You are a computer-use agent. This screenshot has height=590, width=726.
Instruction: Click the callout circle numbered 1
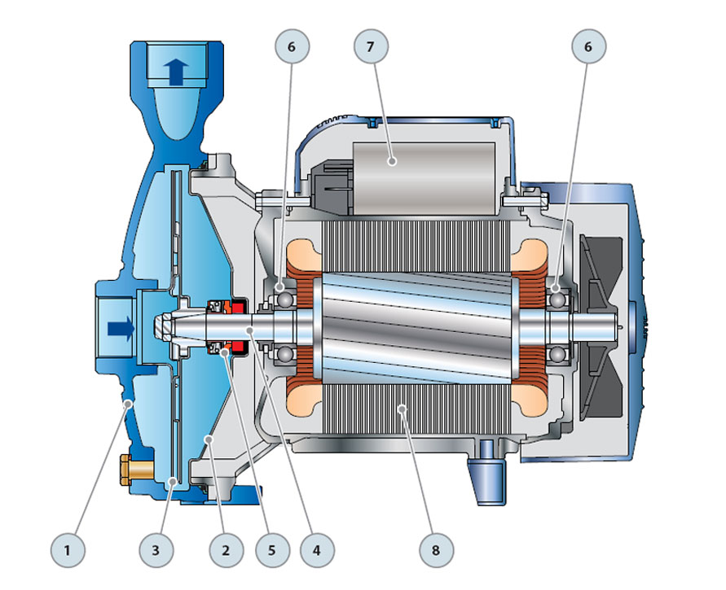[68, 550]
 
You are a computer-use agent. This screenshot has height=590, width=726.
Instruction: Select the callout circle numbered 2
[226, 550]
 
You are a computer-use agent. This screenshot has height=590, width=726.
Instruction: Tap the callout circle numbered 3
[156, 550]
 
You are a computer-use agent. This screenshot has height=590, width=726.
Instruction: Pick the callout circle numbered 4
[317, 550]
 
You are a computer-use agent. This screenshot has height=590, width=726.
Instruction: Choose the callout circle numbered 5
[272, 550]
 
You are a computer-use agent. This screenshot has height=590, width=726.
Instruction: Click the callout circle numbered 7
[371, 46]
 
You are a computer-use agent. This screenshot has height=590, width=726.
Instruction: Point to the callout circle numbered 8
[436, 550]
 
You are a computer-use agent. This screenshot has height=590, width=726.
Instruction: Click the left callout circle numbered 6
[292, 46]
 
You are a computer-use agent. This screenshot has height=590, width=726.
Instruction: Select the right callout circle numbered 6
[588, 46]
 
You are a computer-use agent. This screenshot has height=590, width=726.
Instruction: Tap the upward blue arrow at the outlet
[176, 72]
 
